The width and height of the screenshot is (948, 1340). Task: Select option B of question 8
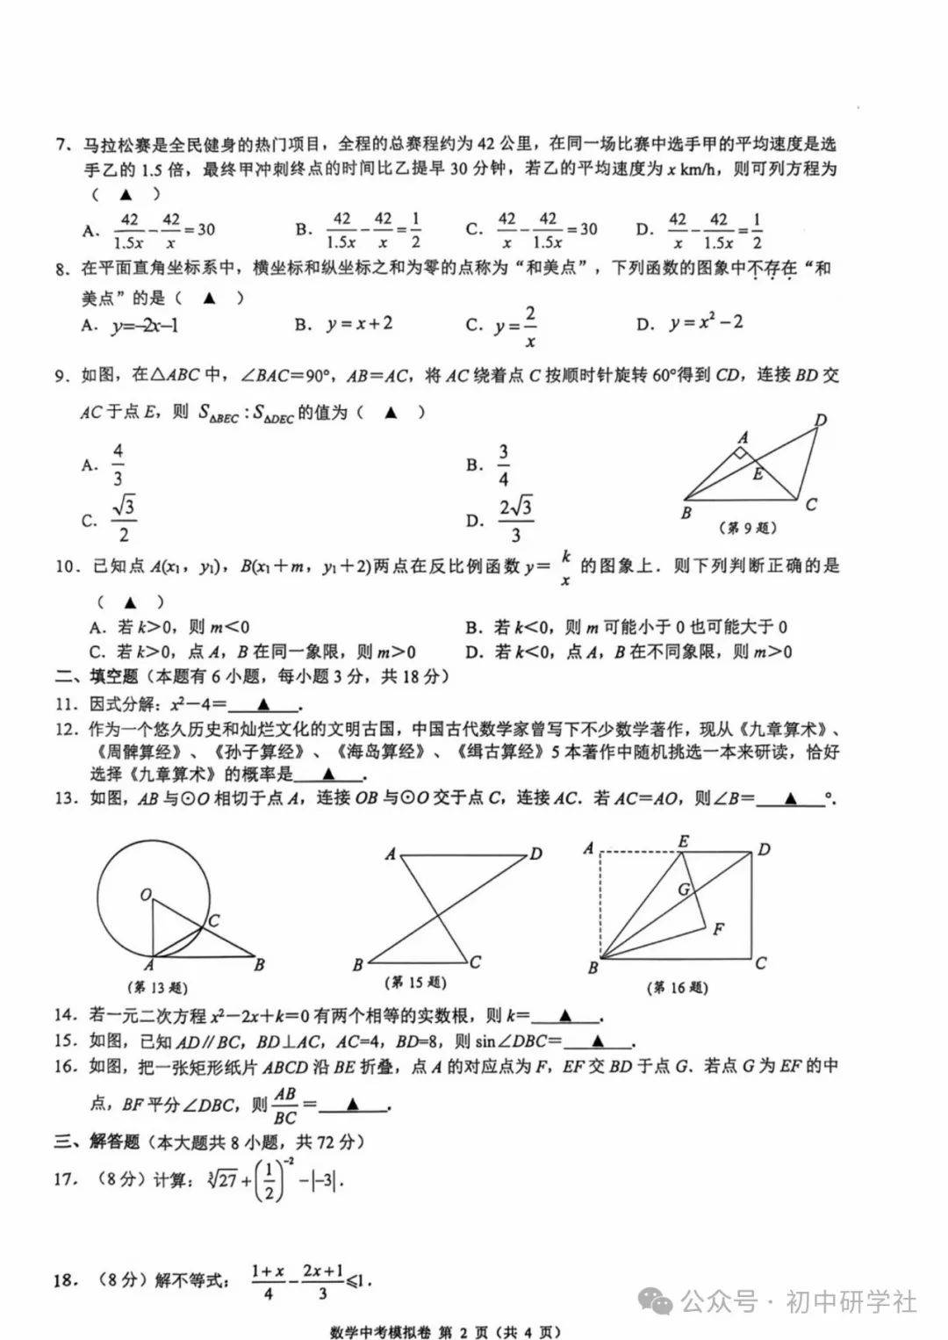(x=344, y=324)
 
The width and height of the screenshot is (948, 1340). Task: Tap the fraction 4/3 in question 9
(x=118, y=465)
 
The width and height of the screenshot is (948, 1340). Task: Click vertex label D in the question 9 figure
(x=821, y=421)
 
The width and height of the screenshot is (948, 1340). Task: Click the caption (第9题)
(x=748, y=528)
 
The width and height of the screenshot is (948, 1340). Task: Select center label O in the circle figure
(x=146, y=895)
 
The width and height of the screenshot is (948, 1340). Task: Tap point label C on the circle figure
(x=214, y=920)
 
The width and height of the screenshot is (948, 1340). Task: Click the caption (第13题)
(x=158, y=987)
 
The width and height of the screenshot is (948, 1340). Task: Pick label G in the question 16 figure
(x=683, y=889)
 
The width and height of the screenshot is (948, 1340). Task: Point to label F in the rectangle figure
(x=719, y=928)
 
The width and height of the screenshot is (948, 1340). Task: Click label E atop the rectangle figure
(x=683, y=841)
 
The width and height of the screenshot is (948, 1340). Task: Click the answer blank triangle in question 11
(x=262, y=704)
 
